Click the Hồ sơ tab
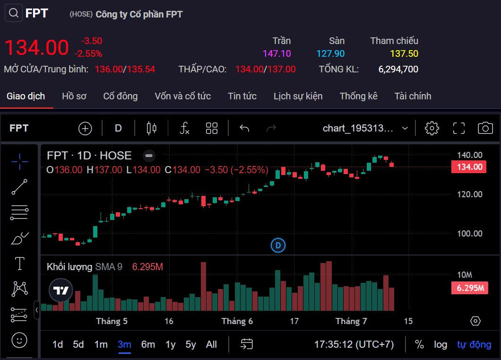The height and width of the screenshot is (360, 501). coord(74,96)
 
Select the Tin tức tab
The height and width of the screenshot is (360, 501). coord(242,96)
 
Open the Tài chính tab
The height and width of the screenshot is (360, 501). coord(413,96)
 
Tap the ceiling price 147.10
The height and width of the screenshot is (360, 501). coord(276,54)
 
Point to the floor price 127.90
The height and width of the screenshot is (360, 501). coord(330,54)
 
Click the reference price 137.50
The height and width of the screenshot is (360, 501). coord(404,54)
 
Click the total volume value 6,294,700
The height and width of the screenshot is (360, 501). coord(398,69)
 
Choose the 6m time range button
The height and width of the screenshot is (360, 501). coord(148,344)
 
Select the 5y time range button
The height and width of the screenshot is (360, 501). coord(190,344)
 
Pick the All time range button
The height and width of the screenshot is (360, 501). coord(211,344)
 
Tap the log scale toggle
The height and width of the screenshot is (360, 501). coord(441,344)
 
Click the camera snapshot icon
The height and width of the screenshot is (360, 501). coord(485,128)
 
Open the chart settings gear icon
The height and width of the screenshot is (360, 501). coord(432,128)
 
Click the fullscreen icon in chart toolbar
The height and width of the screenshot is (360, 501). coord(458,128)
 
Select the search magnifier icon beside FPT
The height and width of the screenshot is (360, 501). coord(14,13)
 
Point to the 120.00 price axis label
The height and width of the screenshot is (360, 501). coord(469,194)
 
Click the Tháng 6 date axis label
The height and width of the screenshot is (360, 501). coord(237,321)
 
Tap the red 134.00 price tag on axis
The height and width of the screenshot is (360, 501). coord(469,167)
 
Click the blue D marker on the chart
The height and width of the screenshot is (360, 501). coord(278,245)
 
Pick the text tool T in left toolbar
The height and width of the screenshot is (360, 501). coord(19,263)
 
